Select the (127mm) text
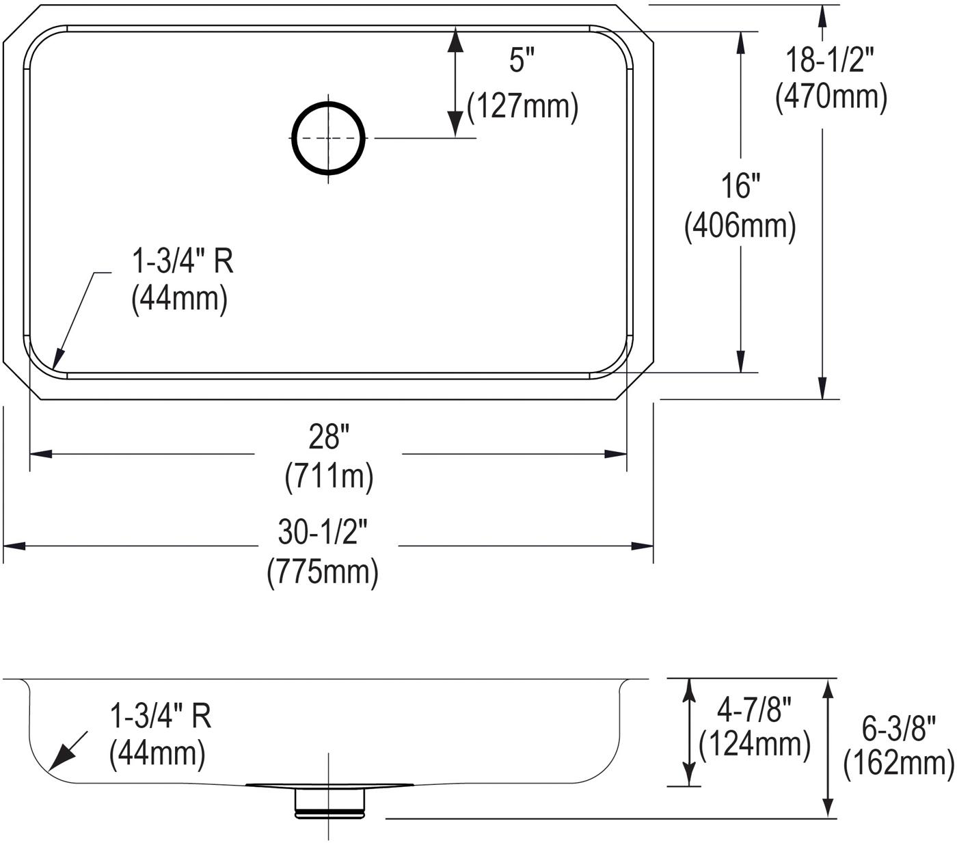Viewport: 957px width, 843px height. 522,107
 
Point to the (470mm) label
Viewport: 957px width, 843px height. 831,96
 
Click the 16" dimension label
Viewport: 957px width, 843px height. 740,186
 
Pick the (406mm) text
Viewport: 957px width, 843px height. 740,226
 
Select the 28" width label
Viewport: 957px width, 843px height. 329,436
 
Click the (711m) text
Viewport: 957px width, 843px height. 329,477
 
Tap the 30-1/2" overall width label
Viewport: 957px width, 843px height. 323,532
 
